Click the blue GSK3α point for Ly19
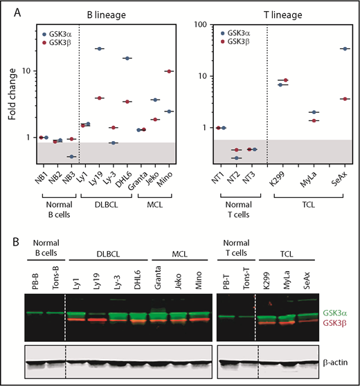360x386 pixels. pos(100,48)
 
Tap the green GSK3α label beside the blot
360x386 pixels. pos(341,313)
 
